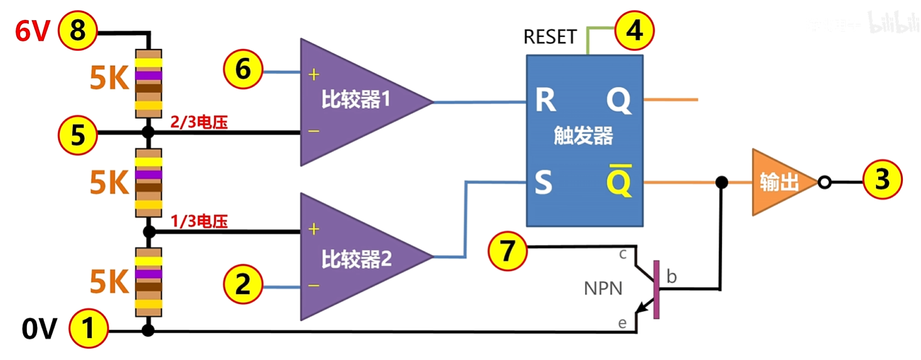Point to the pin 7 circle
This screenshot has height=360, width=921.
point(508,251)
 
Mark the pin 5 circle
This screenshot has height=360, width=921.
point(77,134)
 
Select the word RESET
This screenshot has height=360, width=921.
point(550,37)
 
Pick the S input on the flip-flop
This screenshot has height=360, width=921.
point(543,183)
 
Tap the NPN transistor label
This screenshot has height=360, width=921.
point(603,288)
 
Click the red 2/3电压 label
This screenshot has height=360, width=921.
point(199,123)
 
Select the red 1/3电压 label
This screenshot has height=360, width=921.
point(199,221)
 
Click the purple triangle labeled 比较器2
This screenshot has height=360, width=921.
point(352,258)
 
